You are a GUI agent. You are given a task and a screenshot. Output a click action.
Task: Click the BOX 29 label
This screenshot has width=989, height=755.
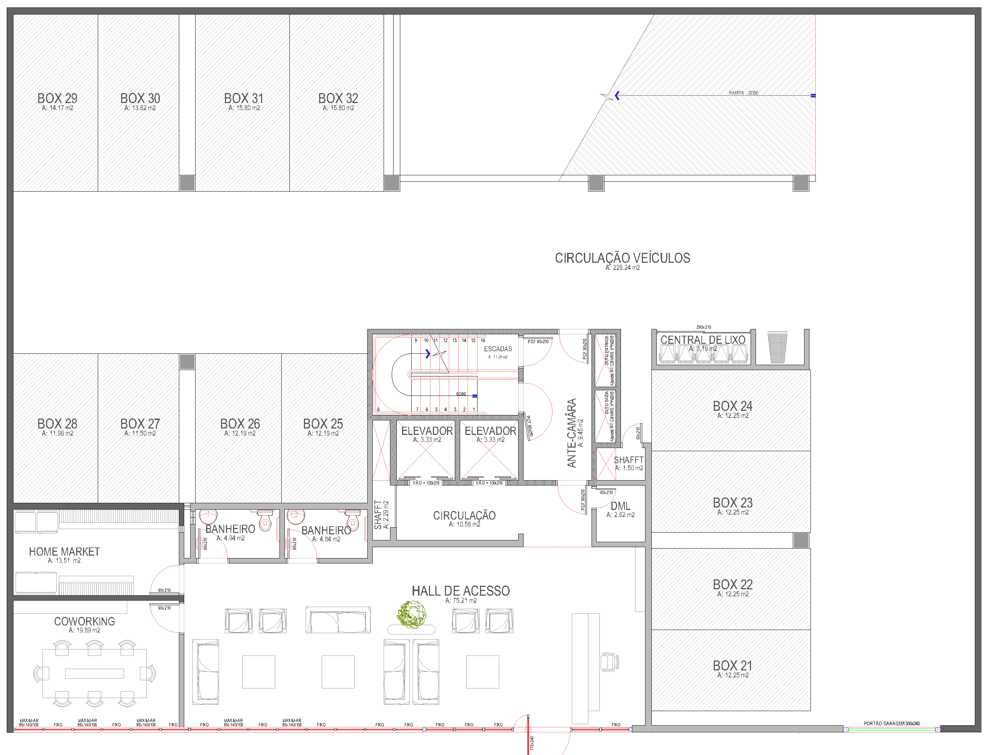pos(57,98)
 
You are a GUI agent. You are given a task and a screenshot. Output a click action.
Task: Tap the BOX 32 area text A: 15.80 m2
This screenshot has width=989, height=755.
pos(338,108)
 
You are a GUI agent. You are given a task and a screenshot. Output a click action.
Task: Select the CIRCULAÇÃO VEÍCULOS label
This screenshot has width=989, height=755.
pos(622,258)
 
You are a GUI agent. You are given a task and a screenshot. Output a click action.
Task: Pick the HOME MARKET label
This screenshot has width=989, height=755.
pos(64,552)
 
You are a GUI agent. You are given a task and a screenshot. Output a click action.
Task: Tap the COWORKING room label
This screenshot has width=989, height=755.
pos(85,621)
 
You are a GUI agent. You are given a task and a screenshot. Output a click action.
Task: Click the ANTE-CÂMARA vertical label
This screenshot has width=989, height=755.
pos(571,433)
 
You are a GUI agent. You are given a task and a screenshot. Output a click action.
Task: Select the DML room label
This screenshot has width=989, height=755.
pos(620,506)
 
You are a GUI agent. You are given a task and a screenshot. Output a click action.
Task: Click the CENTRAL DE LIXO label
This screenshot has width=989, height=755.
pos(703,340)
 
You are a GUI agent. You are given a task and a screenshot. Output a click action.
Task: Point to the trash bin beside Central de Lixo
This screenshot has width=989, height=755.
pos(777,347)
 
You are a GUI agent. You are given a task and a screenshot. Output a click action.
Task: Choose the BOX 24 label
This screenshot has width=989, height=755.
pos(732,406)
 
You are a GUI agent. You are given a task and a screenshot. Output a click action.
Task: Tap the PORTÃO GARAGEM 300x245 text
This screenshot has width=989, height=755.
pos(892,723)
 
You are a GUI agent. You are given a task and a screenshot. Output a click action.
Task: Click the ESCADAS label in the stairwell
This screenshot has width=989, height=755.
pos(498,349)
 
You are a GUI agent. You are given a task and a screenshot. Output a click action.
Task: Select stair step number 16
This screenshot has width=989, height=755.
pos(483,341)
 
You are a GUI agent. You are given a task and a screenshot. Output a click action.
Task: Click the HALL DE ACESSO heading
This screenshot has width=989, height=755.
pos(461,591)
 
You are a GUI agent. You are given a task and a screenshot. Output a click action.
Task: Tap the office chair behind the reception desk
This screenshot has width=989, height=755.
pos(610,662)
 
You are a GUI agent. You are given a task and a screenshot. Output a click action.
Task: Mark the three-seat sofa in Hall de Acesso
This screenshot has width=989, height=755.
pos(338,620)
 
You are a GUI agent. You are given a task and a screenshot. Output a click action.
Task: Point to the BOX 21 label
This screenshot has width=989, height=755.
pos(732,666)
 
